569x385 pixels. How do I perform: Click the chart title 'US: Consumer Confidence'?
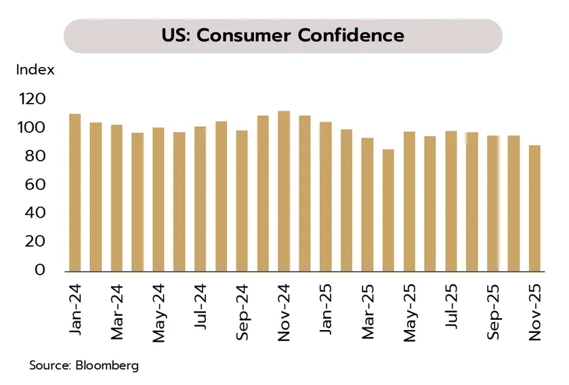pyautogui.click(x=282, y=35)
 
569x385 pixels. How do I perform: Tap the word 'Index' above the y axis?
pyautogui.click(x=35, y=70)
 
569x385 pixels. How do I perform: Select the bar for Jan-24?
pyautogui.click(x=75, y=192)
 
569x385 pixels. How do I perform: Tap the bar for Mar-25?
pyautogui.click(x=367, y=204)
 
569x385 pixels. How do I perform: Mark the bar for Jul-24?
pyautogui.click(x=200, y=199)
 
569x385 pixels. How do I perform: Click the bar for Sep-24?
pyautogui.click(x=242, y=201)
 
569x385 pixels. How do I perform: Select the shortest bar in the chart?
pyautogui.click(x=388, y=210)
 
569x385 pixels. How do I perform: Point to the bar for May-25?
pyautogui.click(x=409, y=201)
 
